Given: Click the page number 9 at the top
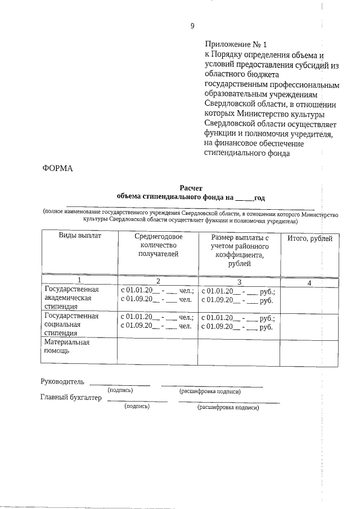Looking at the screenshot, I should [192, 25].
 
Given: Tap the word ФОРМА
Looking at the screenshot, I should [58, 168].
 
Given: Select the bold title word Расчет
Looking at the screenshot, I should [190, 188].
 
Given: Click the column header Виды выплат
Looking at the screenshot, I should [80, 236].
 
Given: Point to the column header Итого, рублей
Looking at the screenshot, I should [310, 239].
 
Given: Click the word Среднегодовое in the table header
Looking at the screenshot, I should [158, 237].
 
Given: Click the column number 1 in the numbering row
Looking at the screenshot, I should [79, 281].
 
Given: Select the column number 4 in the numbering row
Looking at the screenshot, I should [309, 282].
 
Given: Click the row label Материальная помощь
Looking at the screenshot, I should [66, 346].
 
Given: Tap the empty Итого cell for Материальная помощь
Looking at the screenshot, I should [309, 351].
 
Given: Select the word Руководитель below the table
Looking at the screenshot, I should [62, 382].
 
